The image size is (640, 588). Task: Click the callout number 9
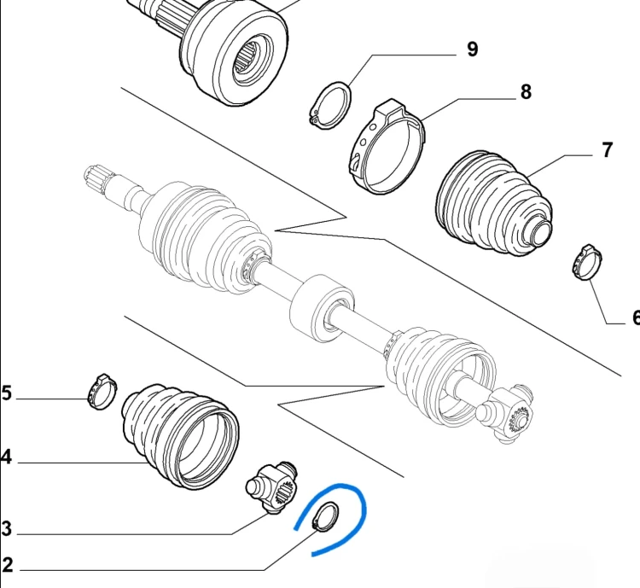472,49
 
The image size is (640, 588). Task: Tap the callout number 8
526,92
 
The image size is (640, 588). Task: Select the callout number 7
607,150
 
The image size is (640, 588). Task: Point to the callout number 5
7,393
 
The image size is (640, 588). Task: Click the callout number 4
6,457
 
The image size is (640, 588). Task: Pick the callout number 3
7,528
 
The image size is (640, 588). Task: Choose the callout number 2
8,565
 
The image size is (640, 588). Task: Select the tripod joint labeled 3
271,488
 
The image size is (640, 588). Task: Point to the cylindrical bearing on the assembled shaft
323,307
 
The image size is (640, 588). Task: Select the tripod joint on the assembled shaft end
505,415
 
